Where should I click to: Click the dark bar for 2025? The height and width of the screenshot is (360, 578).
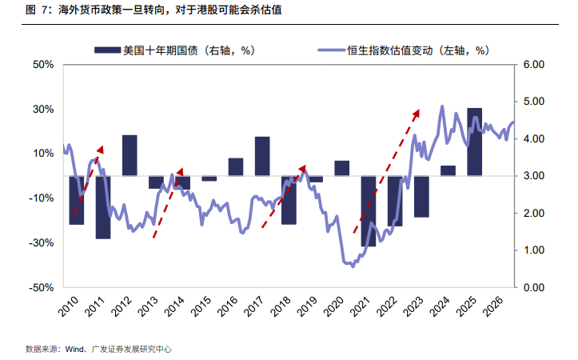(474, 142)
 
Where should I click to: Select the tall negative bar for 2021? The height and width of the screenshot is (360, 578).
(369, 211)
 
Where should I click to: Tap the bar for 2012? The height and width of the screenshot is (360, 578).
(130, 155)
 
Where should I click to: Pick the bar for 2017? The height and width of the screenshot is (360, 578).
(262, 156)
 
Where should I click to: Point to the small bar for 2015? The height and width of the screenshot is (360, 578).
(209, 178)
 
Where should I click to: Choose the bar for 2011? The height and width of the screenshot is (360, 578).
(103, 207)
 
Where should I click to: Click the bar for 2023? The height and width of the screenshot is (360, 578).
(421, 197)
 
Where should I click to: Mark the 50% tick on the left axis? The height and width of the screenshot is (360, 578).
(43, 65)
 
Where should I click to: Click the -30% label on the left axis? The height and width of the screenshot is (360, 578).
(42, 242)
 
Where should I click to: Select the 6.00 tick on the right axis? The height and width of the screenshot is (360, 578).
(534, 65)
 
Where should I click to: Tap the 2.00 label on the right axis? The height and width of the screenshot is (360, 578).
(534, 213)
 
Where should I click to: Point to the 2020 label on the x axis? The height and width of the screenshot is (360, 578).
(333, 306)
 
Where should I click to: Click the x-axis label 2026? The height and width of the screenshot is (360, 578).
(492, 306)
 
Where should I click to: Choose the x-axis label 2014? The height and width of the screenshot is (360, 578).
(174, 306)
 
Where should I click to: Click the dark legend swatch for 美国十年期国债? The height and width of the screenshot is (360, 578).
(107, 50)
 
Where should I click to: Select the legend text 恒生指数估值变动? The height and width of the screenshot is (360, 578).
(390, 50)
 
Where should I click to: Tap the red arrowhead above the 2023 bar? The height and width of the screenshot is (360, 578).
(416, 114)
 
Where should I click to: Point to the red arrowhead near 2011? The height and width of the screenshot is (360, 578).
(100, 150)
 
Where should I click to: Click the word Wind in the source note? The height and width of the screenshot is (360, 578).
(74, 349)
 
